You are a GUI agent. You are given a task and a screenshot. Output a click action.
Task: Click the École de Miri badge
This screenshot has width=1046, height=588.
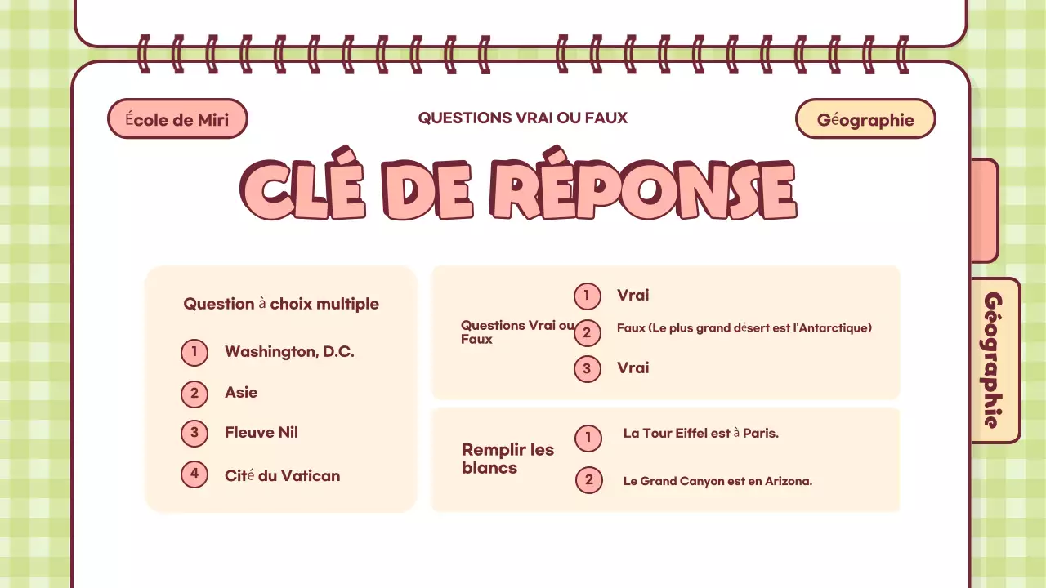177,119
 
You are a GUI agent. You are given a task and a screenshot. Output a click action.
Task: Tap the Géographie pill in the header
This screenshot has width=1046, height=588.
865,119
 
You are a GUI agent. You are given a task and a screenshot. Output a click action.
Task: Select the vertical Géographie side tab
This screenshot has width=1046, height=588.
994,360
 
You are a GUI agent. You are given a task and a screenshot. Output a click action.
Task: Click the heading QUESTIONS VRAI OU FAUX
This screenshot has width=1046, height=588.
523,118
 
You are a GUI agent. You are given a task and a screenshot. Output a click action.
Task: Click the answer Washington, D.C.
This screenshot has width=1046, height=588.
289,352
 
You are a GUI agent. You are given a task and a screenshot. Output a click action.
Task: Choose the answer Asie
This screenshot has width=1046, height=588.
241,393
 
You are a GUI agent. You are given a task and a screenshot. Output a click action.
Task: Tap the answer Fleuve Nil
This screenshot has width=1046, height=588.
261,433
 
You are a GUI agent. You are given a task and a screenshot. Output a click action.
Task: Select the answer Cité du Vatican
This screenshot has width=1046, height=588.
282,475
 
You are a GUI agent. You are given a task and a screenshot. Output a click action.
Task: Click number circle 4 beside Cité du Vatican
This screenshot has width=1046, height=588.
194,474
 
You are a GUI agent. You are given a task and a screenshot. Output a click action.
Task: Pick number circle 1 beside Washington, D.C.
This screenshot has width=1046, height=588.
194,353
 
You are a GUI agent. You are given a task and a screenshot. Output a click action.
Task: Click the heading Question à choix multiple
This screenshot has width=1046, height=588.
281,304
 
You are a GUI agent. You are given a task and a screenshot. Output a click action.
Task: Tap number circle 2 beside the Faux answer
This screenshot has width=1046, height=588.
587,332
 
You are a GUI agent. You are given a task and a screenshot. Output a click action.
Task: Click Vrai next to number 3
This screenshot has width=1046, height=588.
633,368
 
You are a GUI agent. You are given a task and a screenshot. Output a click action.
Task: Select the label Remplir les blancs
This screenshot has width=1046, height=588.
507,458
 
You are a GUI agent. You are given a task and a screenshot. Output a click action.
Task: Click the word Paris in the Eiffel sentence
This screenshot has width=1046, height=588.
760,434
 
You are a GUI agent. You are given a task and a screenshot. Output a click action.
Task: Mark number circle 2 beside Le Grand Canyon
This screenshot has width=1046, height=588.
588,480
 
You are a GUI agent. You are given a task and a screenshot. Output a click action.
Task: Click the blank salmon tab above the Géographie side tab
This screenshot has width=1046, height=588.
984,210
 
